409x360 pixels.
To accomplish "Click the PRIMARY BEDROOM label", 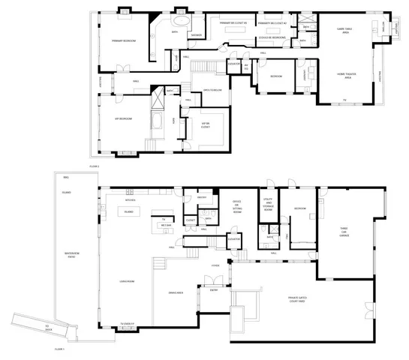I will click(124, 40).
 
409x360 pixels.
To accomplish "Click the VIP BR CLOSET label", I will click(205, 125).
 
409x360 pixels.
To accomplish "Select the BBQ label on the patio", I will click(66, 178).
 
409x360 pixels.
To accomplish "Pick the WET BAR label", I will click(167, 225).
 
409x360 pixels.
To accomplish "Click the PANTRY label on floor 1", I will click(201, 198).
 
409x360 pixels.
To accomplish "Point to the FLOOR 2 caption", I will click(95, 165).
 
